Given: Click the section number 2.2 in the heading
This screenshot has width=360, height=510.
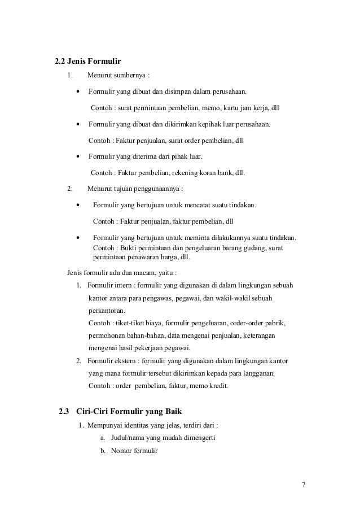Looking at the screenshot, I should pos(60,61).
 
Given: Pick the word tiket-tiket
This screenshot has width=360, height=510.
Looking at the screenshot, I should pos(131,324).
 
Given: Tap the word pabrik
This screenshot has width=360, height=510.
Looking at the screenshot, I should pos(275,324).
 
